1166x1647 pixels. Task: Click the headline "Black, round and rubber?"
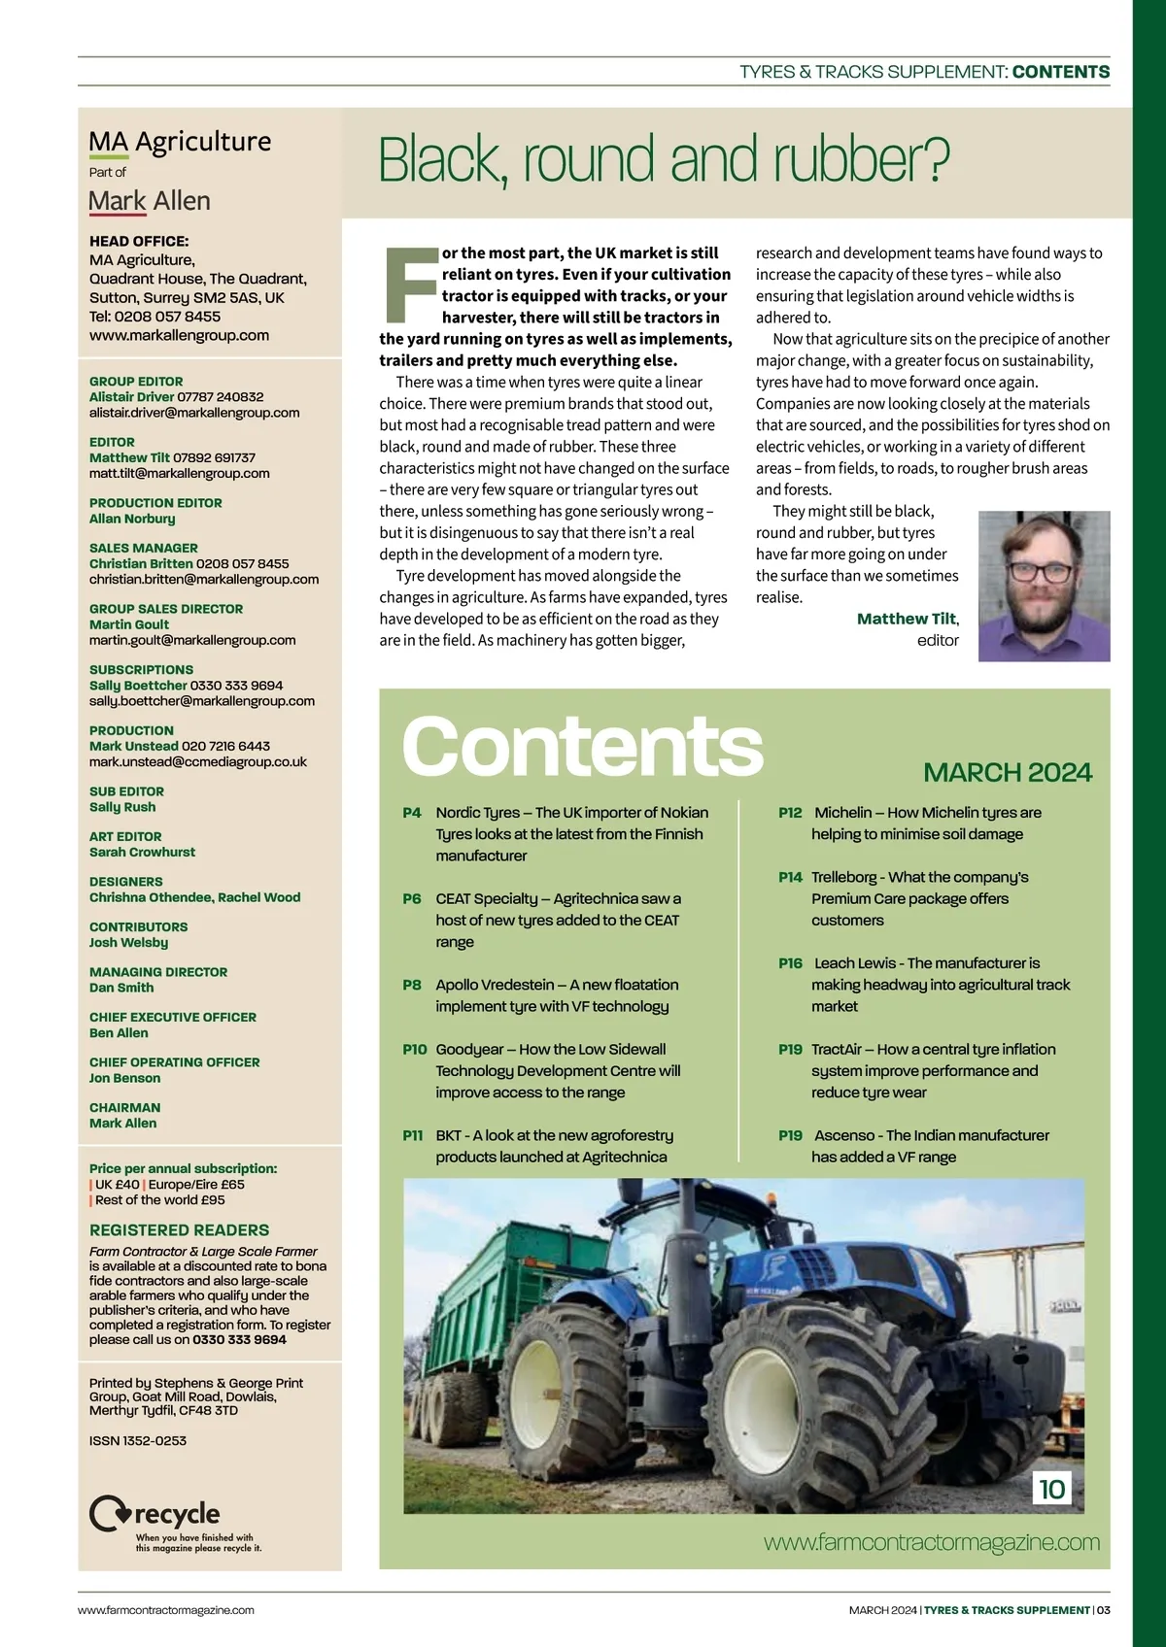pyautogui.click(x=664, y=160)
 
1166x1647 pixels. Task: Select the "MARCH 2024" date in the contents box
pyautogui.click(x=1008, y=773)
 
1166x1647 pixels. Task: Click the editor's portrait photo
pyautogui.click(x=1044, y=587)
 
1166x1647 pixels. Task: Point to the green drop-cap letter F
pyautogui.click(x=409, y=286)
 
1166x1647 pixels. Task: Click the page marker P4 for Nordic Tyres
pyautogui.click(x=412, y=813)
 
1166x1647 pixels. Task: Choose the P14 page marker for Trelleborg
pyautogui.click(x=790, y=877)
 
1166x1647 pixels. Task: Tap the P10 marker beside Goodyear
pyautogui.click(x=415, y=1050)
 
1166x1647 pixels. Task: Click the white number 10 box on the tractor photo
pyautogui.click(x=1051, y=1489)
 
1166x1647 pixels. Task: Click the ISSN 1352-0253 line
pyautogui.click(x=138, y=1440)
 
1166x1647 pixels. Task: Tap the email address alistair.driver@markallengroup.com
pyautogui.click(x=194, y=413)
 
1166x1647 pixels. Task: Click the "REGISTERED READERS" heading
pyautogui.click(x=179, y=1229)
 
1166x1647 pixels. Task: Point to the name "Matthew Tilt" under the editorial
pyautogui.click(x=907, y=619)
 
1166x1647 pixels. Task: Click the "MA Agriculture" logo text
pyautogui.click(x=180, y=142)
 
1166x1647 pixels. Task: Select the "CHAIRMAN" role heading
pyautogui.click(x=124, y=1107)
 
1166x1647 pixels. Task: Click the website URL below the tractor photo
pyautogui.click(x=931, y=1542)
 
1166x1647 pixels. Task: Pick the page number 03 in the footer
pyautogui.click(x=1103, y=1610)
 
